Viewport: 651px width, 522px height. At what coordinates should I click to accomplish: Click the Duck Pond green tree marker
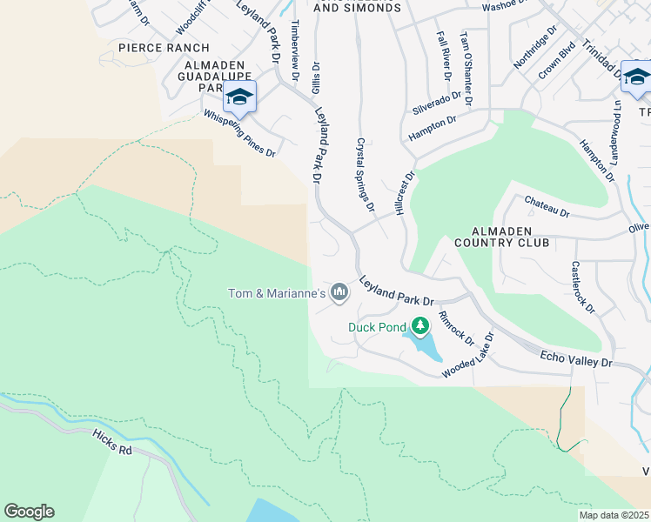421,326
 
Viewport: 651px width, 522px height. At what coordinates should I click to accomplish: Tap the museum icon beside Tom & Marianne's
339,293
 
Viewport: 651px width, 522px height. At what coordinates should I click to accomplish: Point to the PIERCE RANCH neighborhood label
164,47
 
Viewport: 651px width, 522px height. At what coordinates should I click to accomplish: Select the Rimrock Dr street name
455,327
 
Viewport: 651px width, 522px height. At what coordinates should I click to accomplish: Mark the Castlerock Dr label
583,287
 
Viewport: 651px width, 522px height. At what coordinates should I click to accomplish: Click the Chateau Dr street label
547,206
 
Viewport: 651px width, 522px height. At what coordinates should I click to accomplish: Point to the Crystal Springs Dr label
365,174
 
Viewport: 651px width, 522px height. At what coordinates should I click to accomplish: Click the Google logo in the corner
29,512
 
